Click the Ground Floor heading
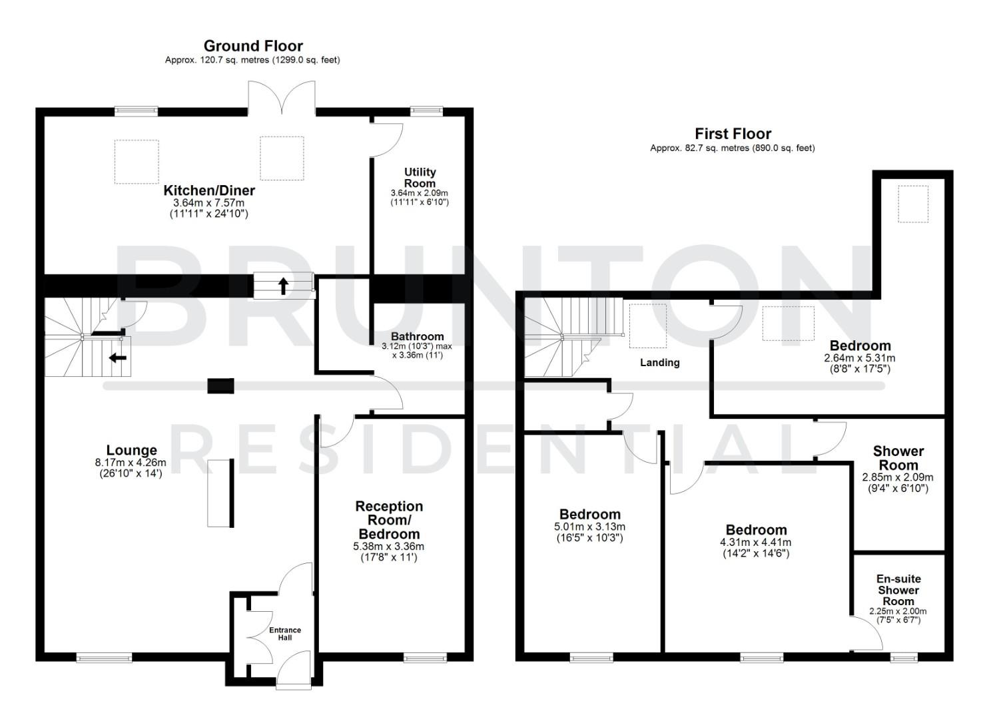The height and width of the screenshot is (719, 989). point(253,46)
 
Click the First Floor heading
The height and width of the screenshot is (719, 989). point(733,134)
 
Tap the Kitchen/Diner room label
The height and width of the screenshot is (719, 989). point(209,191)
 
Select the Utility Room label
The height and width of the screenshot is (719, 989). point(420,178)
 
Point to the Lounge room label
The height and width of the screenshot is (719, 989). point(131,451)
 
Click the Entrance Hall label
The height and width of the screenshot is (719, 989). point(285,634)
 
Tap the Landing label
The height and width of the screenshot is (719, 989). point(659,363)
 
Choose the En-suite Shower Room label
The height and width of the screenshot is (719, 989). point(898,590)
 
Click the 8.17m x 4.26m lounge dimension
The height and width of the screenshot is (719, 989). point(131,463)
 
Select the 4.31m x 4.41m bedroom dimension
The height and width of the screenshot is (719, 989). point(756,542)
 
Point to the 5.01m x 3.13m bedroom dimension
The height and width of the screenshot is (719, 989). point(589,527)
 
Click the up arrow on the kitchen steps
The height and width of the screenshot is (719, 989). point(283,286)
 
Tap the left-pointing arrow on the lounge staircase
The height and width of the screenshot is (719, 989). point(118,358)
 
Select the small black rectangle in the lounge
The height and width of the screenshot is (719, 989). point(220,386)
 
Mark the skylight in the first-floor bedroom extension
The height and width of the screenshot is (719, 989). point(912,204)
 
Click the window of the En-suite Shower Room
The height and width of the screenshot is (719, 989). point(904,658)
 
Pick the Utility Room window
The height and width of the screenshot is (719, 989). point(426,111)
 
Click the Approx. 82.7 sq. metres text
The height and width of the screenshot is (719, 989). point(733,148)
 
